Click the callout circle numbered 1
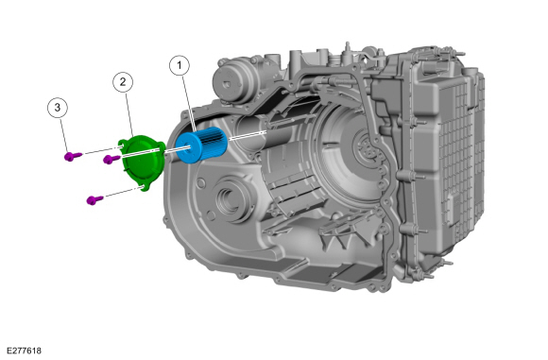[180, 65]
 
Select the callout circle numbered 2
[123, 82]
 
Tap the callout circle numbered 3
[58, 108]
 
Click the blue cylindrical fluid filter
[201, 145]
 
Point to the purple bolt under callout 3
[73, 156]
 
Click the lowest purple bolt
[94, 200]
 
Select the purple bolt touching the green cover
[111, 159]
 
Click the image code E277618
[24, 351]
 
